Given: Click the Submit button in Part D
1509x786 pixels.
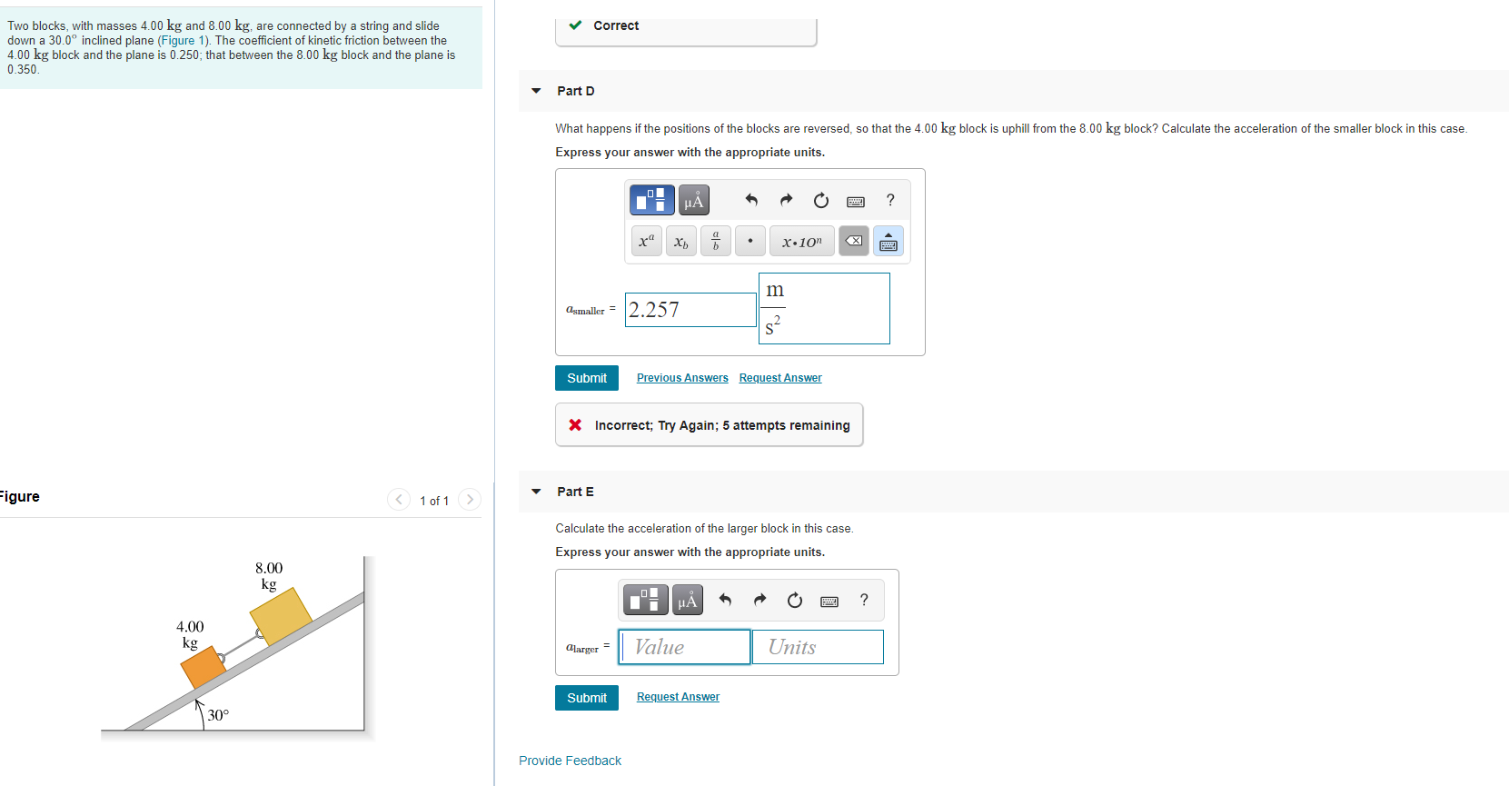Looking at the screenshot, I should pyautogui.click(x=586, y=378).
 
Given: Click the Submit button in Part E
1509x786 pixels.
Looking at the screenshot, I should pyautogui.click(x=586, y=698).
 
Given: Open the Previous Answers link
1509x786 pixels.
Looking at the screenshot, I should pyautogui.click(x=682, y=378).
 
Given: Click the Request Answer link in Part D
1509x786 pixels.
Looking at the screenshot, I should pyautogui.click(x=780, y=378).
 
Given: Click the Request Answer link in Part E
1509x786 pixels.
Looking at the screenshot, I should pyautogui.click(x=678, y=697).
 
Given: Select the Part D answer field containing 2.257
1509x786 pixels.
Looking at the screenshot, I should pyautogui.click(x=690, y=310).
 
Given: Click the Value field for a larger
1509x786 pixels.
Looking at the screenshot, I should pyautogui.click(x=684, y=647).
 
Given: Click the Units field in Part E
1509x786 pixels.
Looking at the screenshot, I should pyautogui.click(x=818, y=647).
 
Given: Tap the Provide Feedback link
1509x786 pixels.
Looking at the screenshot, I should pyautogui.click(x=570, y=761).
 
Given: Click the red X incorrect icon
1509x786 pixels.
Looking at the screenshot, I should pyautogui.click(x=575, y=425).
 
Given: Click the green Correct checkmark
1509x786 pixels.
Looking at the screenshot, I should pyautogui.click(x=575, y=25).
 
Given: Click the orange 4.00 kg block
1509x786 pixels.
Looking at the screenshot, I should pyautogui.click(x=204, y=667).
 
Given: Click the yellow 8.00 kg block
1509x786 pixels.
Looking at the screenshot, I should pyautogui.click(x=282, y=615).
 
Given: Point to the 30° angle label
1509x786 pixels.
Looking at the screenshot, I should pyautogui.click(x=218, y=715).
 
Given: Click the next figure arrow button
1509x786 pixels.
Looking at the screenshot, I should pyautogui.click(x=470, y=499).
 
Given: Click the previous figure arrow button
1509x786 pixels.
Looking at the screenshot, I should pyautogui.click(x=399, y=499).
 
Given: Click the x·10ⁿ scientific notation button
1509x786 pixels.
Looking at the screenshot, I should pyautogui.click(x=801, y=241).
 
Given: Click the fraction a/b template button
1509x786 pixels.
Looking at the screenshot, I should pyautogui.click(x=716, y=241).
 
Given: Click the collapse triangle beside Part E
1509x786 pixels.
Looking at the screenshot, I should pyautogui.click(x=536, y=492).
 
